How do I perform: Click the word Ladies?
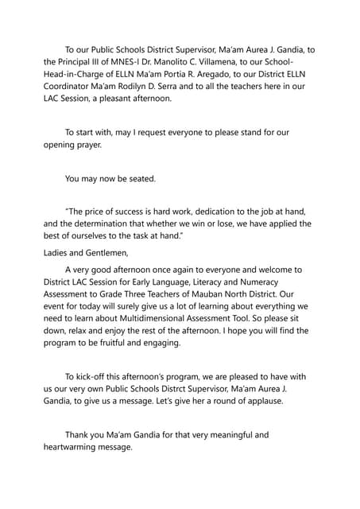pyautogui.click(x=60, y=254)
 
